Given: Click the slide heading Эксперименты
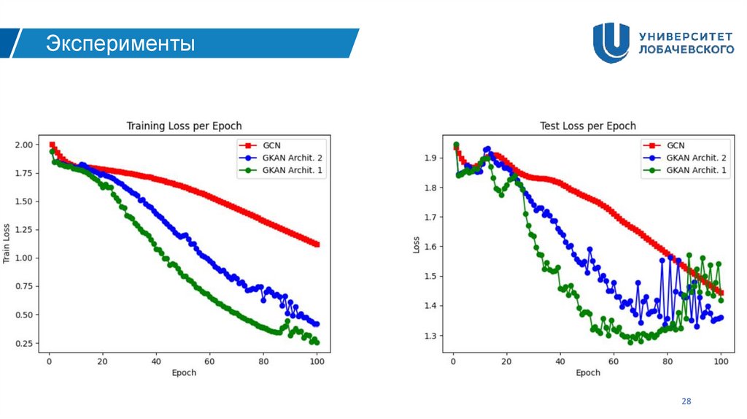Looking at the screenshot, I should click(121, 44).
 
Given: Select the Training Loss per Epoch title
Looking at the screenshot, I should click(184, 126).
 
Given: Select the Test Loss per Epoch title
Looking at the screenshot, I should click(587, 126).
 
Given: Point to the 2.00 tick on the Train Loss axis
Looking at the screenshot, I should click(24, 145).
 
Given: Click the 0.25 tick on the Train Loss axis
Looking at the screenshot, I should click(24, 343).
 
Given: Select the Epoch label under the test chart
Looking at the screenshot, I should click(587, 373).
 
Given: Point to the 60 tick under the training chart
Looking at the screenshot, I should click(209, 361).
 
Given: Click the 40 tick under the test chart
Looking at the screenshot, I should click(560, 361).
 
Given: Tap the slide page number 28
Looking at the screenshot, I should click(686, 401).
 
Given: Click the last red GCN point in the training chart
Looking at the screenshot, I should click(317, 245).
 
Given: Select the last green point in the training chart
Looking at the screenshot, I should click(317, 342).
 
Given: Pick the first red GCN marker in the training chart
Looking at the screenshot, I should click(52, 145).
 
